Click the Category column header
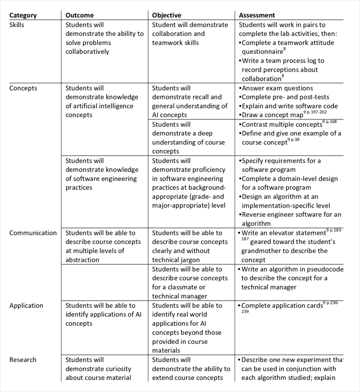click(23, 15)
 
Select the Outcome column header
click(80, 15)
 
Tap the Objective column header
click(167, 15)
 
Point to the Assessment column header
click(257, 15)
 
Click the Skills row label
click(17, 25)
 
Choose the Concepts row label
click(23, 88)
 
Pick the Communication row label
click(33, 233)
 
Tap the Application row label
click(26, 306)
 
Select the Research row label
click(23, 360)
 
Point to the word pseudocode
click(325, 269)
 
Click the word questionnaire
click(262, 52)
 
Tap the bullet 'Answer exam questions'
click(277, 88)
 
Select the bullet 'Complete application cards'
click(281, 306)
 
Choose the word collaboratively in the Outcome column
click(87, 52)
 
